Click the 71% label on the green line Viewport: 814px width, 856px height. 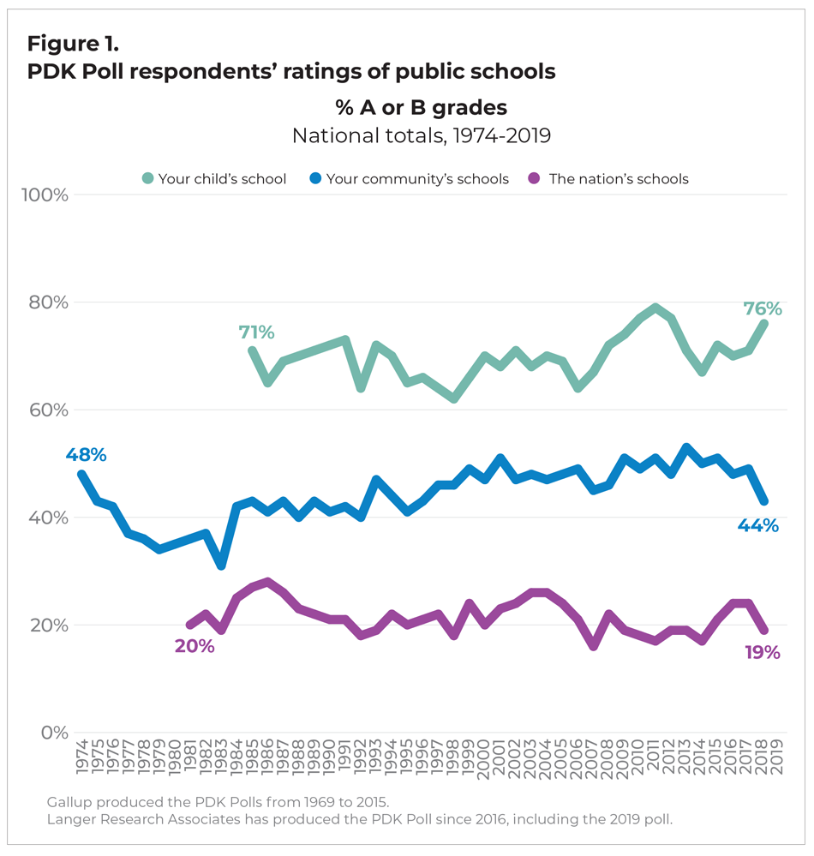256,332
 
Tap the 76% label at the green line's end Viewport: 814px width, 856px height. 762,308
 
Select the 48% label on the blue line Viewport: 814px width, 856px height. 86,455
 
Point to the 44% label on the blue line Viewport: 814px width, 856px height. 757,525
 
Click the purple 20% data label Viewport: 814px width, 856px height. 194,645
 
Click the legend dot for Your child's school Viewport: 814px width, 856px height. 148,179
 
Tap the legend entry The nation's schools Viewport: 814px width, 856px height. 619,179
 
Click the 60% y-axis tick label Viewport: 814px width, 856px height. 47,410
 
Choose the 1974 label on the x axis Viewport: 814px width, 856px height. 82,757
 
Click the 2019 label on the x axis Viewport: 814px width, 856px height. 778,757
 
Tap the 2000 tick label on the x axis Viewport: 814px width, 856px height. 485,757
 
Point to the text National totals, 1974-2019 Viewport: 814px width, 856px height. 421,135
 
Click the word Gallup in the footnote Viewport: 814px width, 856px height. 68,802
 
